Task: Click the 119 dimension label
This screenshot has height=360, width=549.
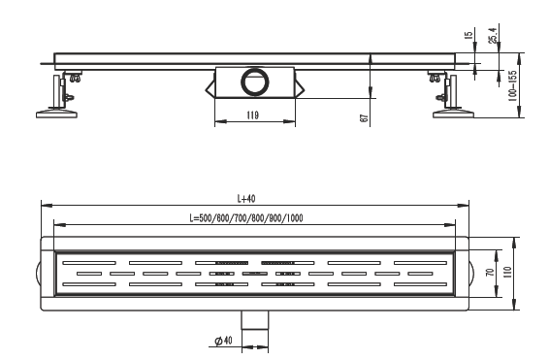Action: (x=252, y=115)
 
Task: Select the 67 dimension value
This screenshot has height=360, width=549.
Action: (x=364, y=118)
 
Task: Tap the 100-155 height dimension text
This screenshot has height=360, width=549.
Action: (x=512, y=85)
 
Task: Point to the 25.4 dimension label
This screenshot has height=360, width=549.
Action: (x=493, y=35)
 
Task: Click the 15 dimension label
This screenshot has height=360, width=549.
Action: (x=468, y=35)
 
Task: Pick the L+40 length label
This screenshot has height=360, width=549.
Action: (x=246, y=199)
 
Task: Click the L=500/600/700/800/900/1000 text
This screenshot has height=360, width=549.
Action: (x=246, y=218)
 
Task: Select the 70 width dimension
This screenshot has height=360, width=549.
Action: (x=491, y=272)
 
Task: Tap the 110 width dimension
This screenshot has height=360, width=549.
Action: (x=508, y=272)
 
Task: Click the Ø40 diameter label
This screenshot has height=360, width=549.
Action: (x=223, y=340)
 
